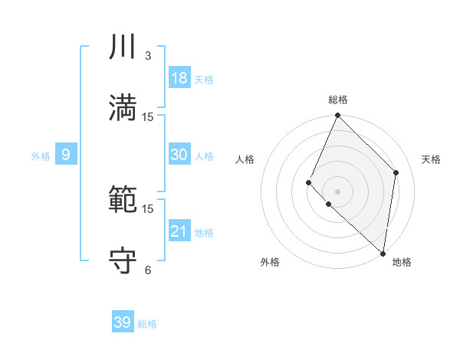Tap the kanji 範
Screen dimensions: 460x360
pyautogui.click(x=123, y=201)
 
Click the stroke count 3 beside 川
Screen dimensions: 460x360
pyautogui.click(x=148, y=56)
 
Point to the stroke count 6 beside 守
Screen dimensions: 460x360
pyautogui.click(x=148, y=270)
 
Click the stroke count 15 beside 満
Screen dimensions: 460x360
pyautogui.click(x=148, y=117)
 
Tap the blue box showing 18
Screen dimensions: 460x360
pyautogui.click(x=179, y=78)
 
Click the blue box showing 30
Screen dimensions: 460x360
pyautogui.click(x=179, y=155)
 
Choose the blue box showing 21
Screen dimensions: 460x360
pyautogui.click(x=179, y=231)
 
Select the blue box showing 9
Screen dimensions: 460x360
pyautogui.click(x=66, y=155)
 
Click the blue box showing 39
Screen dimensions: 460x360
pyautogui.click(x=123, y=322)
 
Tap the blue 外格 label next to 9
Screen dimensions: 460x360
pyautogui.click(x=41, y=156)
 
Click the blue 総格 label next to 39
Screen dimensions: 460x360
pyautogui.click(x=147, y=324)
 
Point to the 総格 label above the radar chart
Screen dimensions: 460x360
pyautogui.click(x=338, y=100)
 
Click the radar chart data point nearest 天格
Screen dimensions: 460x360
pyautogui.click(x=396, y=172)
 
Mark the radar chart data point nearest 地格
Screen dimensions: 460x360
pyautogui.click(x=383, y=254)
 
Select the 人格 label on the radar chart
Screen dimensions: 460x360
pyautogui.click(x=245, y=160)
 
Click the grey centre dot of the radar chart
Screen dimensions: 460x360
pyautogui.click(x=338, y=191)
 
